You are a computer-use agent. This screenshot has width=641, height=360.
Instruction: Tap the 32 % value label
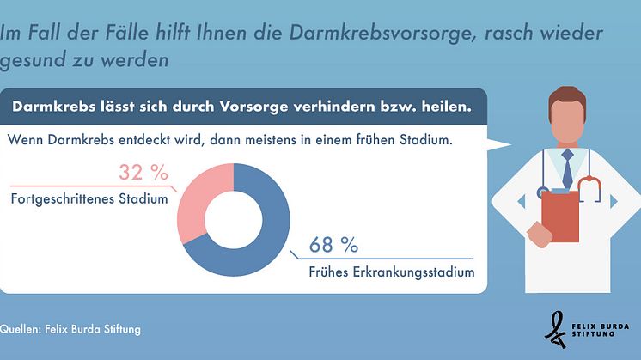pyautogui.click(x=142, y=172)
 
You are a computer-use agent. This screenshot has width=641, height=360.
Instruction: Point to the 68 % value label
pyautogui.click(x=333, y=245)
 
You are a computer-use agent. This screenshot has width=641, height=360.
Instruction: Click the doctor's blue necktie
pyautogui.click(x=567, y=168)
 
